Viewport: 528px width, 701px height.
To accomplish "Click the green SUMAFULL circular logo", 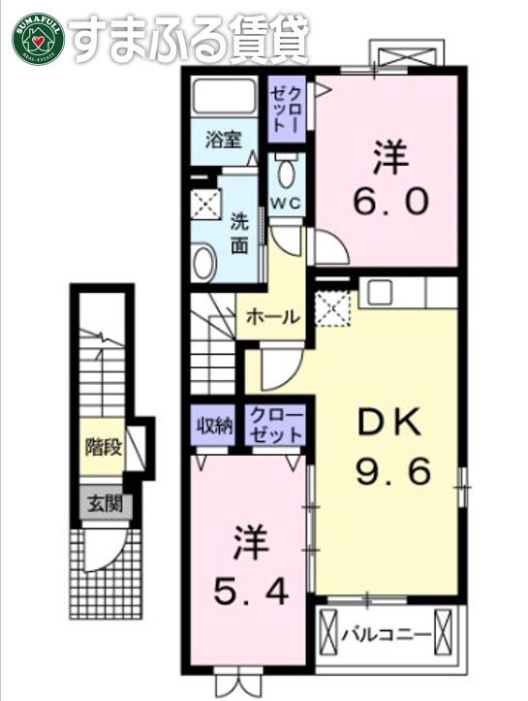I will click(x=38, y=38).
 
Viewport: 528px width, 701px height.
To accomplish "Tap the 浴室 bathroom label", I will click(x=225, y=140).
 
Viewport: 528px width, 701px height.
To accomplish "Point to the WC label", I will click(x=285, y=203).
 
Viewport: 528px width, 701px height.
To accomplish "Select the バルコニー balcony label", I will click(x=386, y=634).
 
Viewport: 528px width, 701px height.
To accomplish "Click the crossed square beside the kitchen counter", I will click(x=335, y=310).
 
